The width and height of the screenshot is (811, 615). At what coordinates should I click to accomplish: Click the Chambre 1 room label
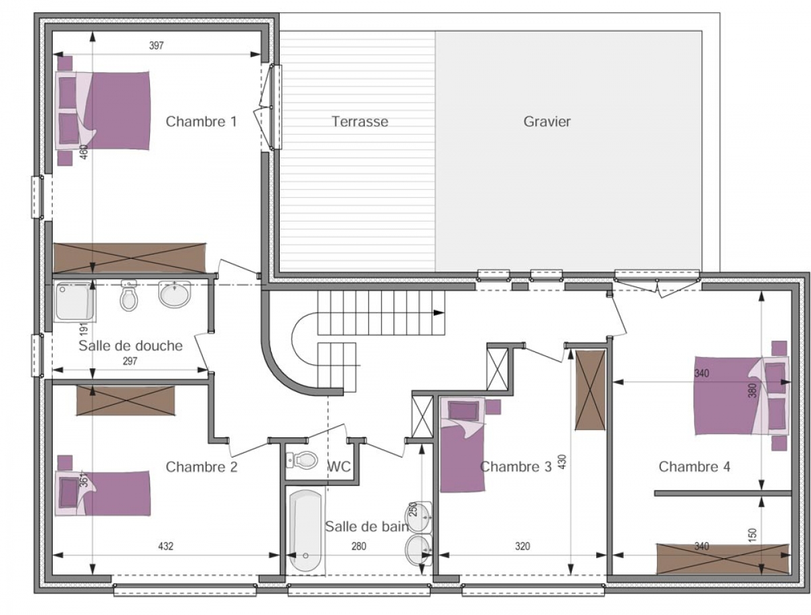tap(201, 122)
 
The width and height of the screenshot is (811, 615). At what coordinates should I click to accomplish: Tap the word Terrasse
tap(360, 122)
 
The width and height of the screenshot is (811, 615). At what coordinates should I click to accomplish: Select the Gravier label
tap(547, 122)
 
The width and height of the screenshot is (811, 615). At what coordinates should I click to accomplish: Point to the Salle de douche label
tap(130, 346)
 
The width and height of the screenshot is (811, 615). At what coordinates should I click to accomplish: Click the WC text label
tap(339, 466)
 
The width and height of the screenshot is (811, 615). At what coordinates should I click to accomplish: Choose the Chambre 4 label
tap(694, 466)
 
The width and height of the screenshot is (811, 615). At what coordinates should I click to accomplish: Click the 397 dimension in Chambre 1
tap(156, 45)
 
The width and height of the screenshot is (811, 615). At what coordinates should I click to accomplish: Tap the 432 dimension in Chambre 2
tap(166, 546)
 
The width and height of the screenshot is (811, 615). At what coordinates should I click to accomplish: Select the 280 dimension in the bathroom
tap(358, 546)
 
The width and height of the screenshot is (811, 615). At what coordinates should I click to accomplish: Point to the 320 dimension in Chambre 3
tap(522, 546)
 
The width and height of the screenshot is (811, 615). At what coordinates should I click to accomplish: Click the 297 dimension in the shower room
tap(130, 361)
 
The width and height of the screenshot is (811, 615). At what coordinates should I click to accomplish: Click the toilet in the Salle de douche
tap(128, 295)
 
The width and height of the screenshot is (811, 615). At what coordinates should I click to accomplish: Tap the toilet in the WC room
tap(302, 460)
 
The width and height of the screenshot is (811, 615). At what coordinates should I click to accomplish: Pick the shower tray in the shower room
tap(74, 301)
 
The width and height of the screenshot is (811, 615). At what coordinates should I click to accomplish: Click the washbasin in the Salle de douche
tap(174, 294)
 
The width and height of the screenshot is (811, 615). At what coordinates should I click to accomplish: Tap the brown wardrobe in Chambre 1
tap(129, 257)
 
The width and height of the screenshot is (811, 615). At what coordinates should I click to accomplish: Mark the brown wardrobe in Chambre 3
tap(590, 390)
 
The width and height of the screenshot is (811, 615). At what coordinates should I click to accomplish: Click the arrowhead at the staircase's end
tap(439, 313)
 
